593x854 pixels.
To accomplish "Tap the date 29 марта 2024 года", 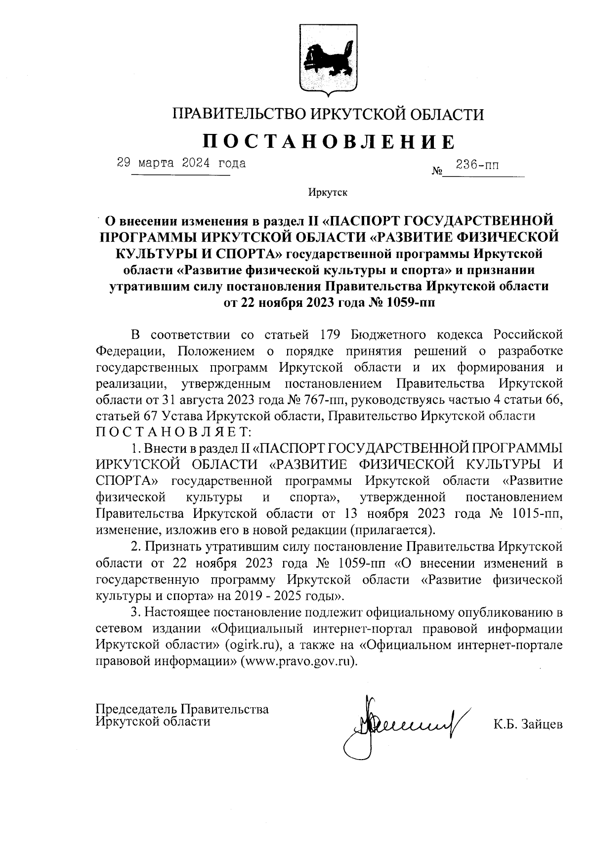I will coord(181,163).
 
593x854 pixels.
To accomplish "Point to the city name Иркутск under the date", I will coord(327,192).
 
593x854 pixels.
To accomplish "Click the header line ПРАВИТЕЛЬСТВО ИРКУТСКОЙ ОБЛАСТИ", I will coord(328,115).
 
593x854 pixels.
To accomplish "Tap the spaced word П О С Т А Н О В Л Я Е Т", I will coord(173,432).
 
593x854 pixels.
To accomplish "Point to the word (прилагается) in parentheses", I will coord(393,530).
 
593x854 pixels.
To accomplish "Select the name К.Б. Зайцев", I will coord(527,725).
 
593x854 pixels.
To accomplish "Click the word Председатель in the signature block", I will coord(136,709).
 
